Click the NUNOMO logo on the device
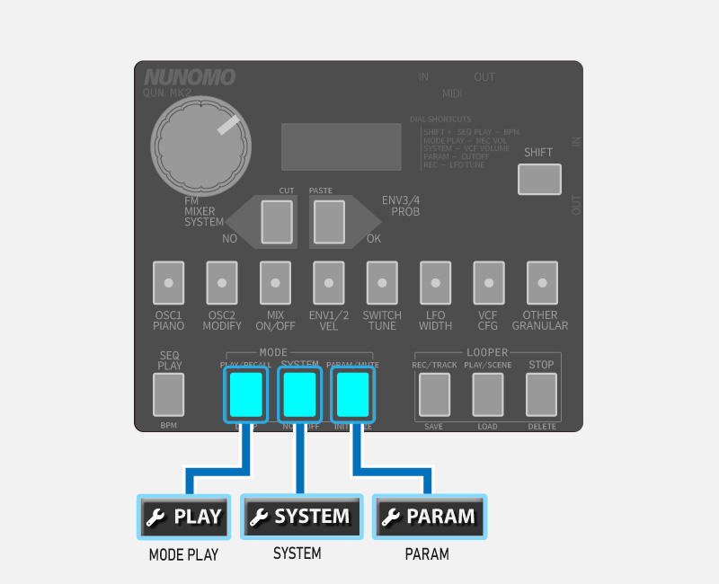tap(190, 78)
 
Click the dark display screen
tap(341, 144)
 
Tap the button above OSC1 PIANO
tap(168, 283)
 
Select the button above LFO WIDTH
tap(435, 283)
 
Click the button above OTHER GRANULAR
tap(541, 283)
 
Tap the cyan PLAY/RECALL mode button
tap(246, 394)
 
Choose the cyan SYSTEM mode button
tap(300, 394)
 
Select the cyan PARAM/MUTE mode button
tap(352, 394)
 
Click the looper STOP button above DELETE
tap(541, 394)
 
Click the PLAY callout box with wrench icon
tap(184, 517)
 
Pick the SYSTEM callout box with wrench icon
tap(301, 517)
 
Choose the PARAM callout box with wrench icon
tap(429, 517)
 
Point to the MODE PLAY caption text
tap(183, 555)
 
